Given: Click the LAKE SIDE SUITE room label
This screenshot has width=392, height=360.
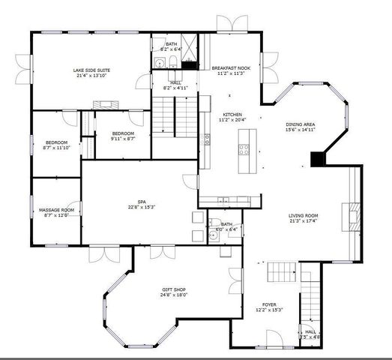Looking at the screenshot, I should (x=91, y=70).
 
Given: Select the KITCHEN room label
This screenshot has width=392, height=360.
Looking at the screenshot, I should (x=232, y=114).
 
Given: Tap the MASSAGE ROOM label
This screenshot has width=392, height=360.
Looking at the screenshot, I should (x=57, y=209).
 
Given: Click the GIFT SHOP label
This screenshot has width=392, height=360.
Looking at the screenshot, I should (x=174, y=289).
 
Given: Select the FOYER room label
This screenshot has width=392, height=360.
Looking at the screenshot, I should (x=269, y=304).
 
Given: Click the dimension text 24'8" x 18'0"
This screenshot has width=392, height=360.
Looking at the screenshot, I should (x=174, y=295).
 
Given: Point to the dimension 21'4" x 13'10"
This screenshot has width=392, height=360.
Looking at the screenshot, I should (x=91, y=76).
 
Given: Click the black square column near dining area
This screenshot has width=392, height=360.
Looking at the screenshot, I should (x=318, y=159).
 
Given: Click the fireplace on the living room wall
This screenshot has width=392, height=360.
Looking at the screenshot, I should (x=349, y=217).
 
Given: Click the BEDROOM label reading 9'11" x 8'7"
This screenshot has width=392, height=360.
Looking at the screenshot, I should (x=122, y=133).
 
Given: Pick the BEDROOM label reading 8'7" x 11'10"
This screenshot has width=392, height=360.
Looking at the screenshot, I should (x=57, y=142).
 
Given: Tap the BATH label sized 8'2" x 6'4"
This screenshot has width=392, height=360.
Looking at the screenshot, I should (x=172, y=44).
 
